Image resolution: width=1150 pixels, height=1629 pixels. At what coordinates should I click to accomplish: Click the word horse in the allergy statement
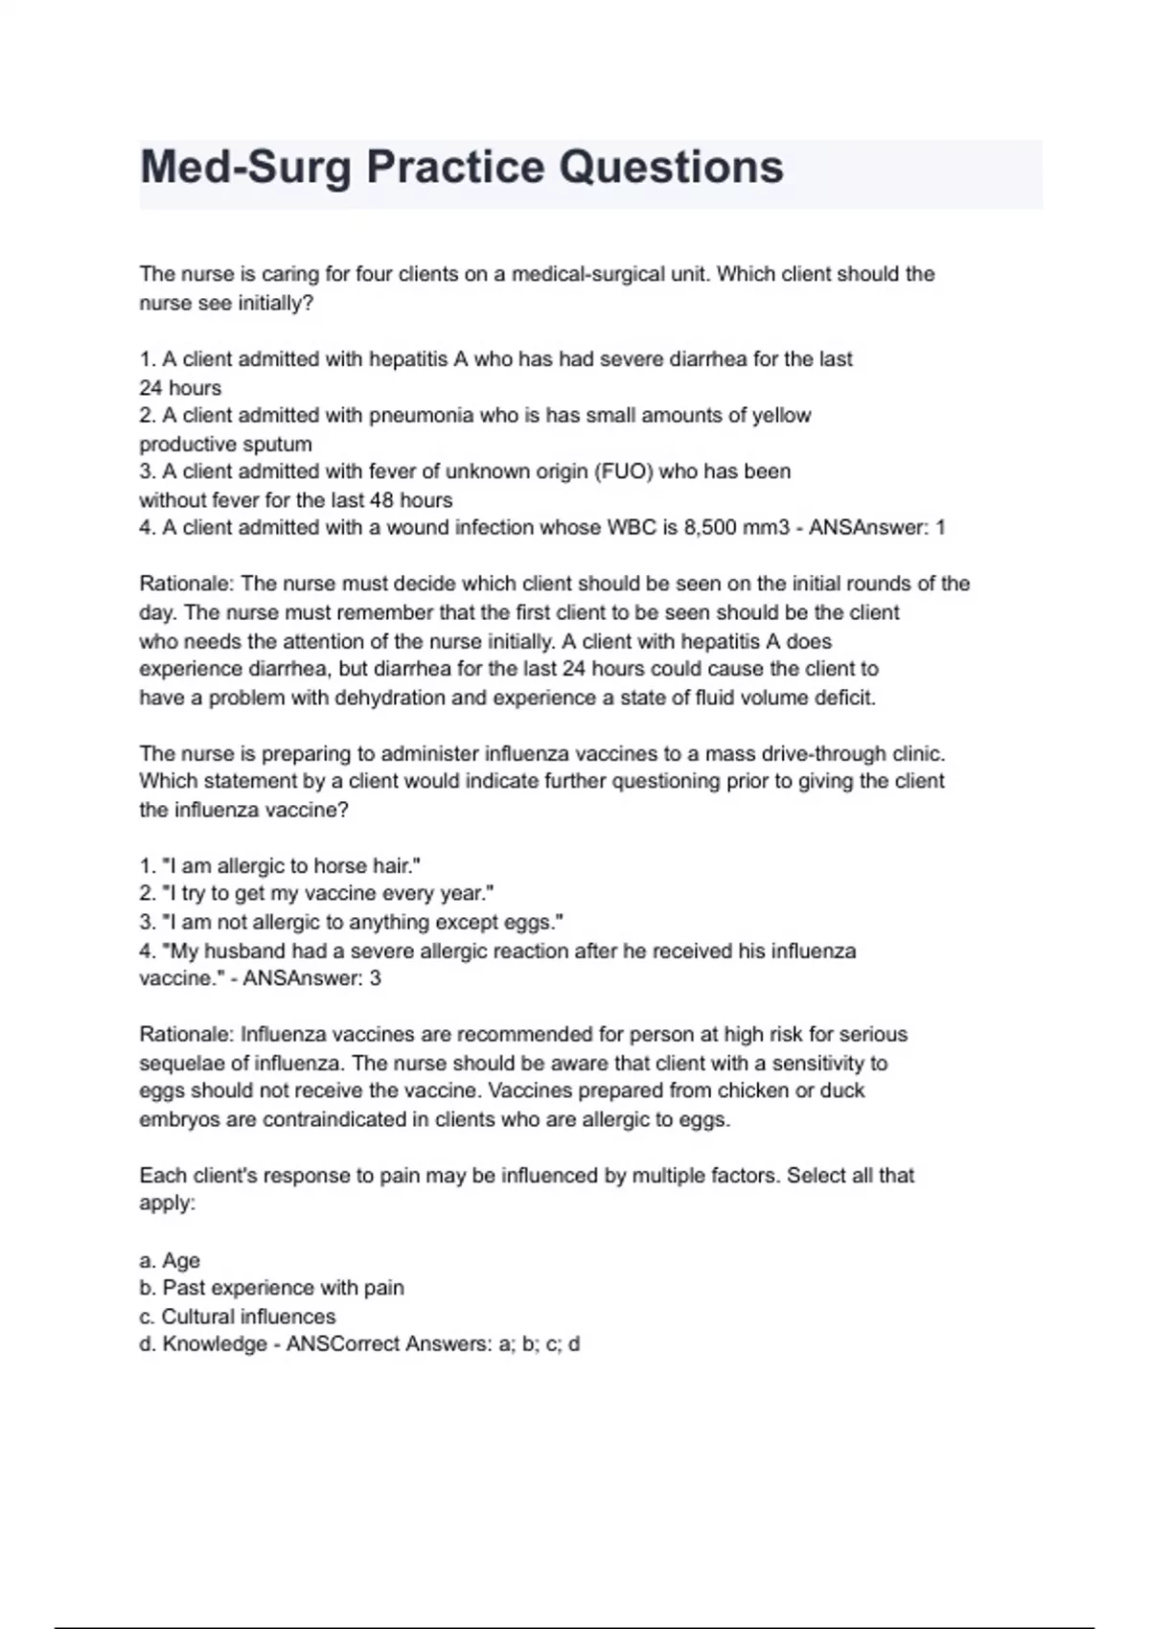(339, 865)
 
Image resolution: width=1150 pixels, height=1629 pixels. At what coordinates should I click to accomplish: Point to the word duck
(842, 1090)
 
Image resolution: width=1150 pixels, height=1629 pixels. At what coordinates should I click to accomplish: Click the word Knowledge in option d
(215, 1343)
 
